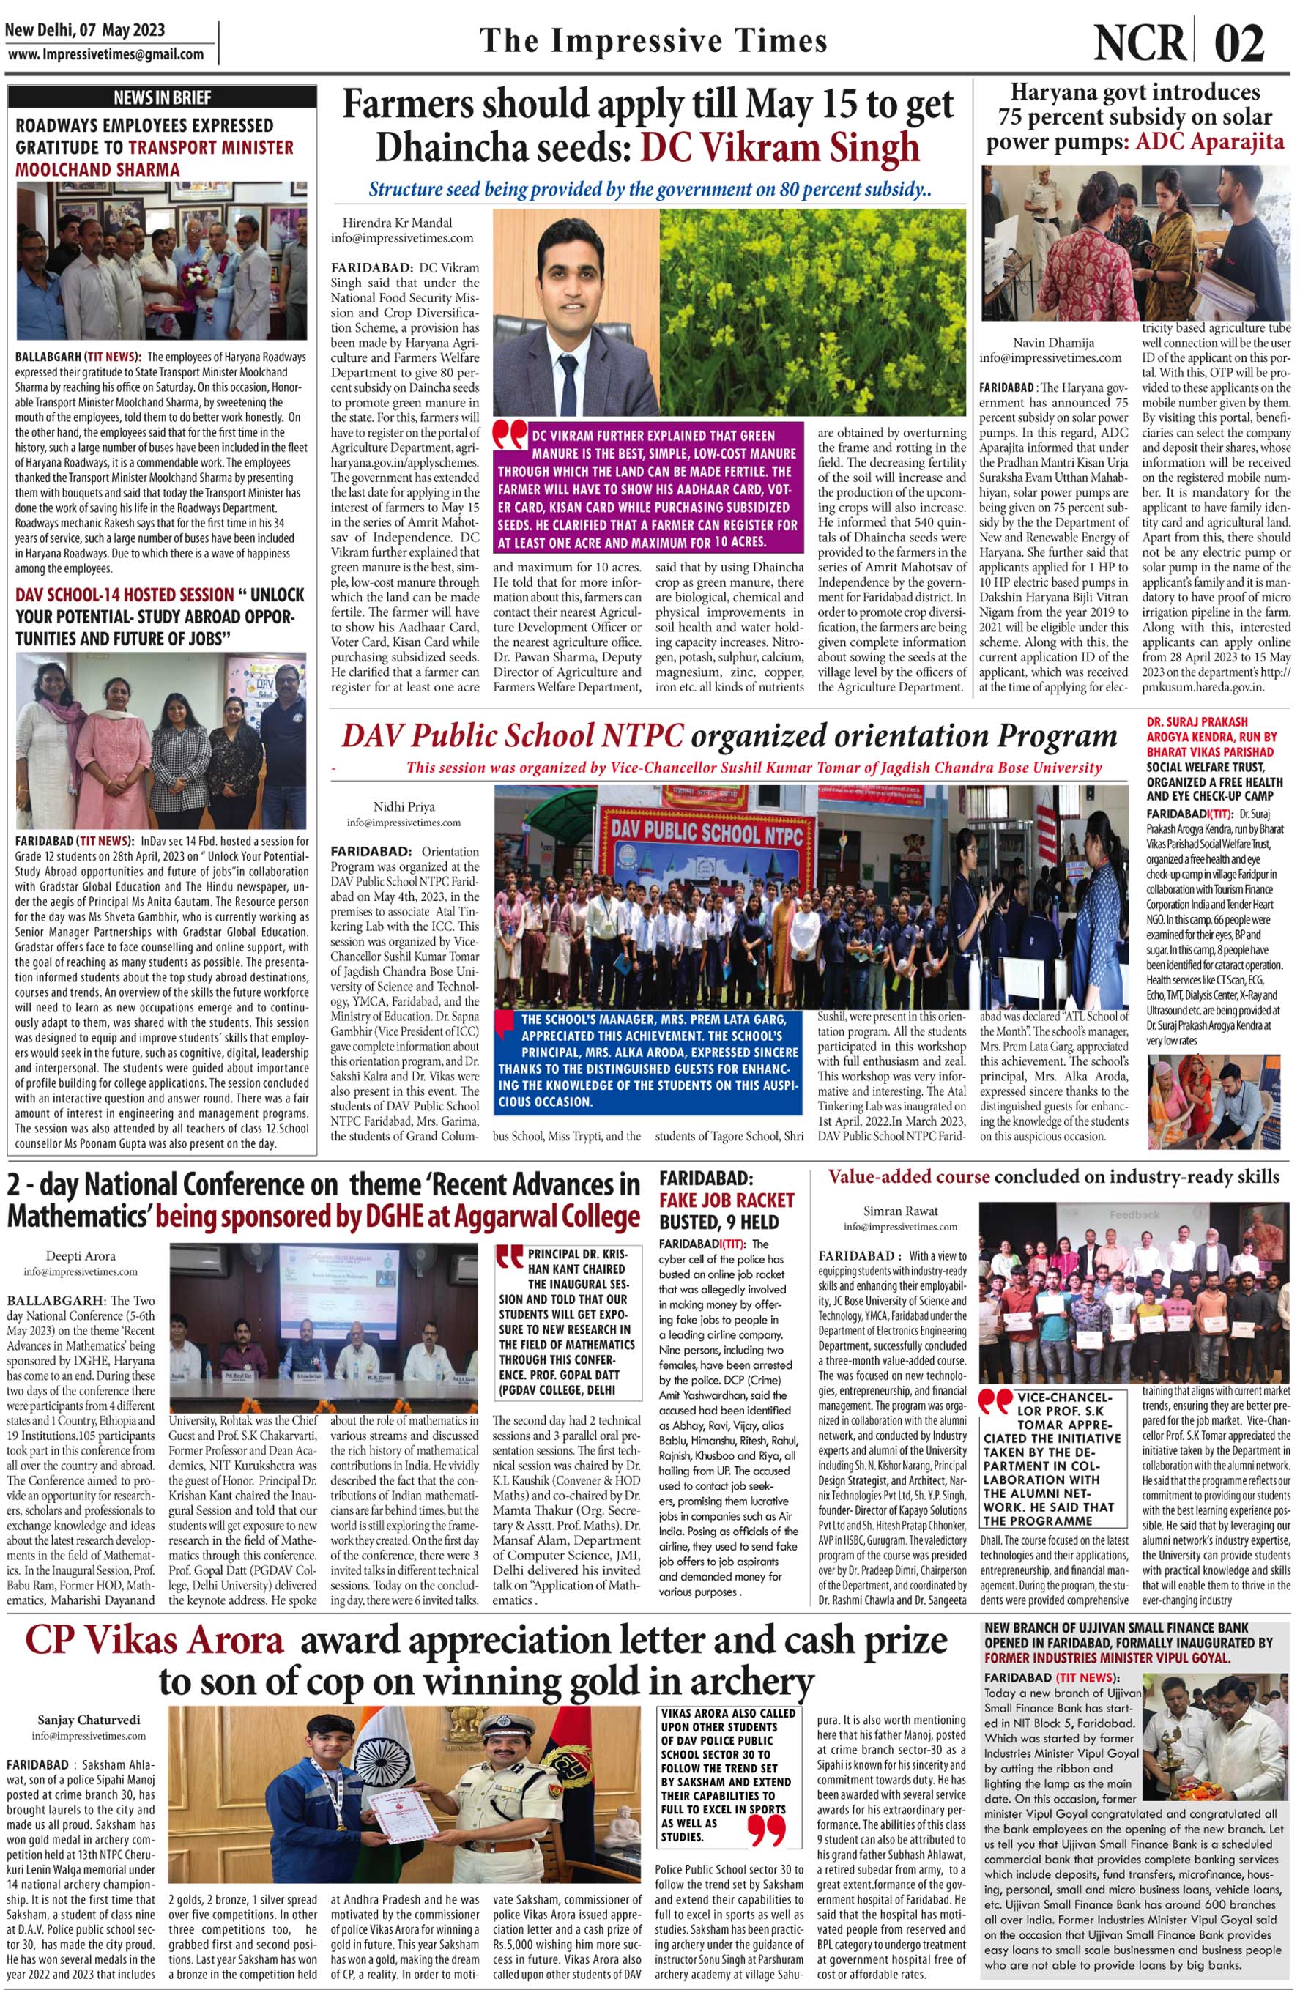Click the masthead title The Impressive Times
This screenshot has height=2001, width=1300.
[x=653, y=41]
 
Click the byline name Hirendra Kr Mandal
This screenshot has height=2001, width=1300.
[x=397, y=223]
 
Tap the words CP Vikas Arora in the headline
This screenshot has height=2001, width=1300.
[x=154, y=1642]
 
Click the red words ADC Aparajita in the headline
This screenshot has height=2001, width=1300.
[x=1209, y=141]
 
